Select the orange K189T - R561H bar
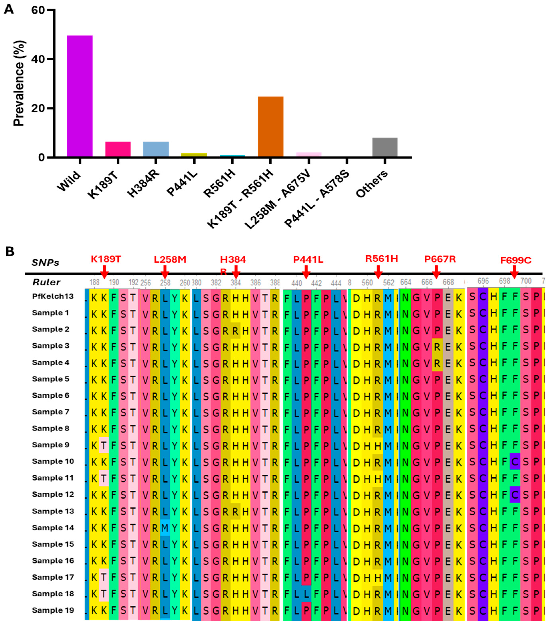[x=270, y=127]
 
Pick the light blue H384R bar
[x=156, y=149]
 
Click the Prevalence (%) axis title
[x=19, y=83]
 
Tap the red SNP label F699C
[x=516, y=260]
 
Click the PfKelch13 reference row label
[x=53, y=296]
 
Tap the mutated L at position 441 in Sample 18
[x=306, y=594]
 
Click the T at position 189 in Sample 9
[x=104, y=445]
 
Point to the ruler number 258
[x=165, y=283]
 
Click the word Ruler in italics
[x=46, y=282]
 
